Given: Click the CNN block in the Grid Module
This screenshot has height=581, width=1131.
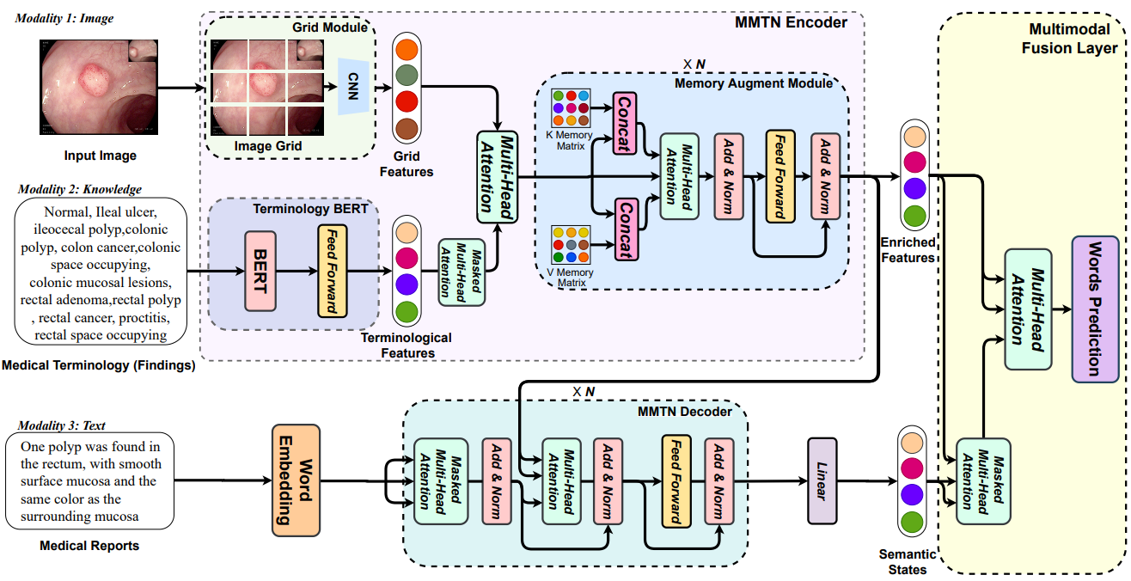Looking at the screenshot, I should tap(352, 86).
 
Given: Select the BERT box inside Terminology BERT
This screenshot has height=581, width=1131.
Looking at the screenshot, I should tap(260, 271).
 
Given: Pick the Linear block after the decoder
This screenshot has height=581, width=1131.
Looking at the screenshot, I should tap(821, 481).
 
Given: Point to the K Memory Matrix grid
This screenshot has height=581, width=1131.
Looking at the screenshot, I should tap(570, 108).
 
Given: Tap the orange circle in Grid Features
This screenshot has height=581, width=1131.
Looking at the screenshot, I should tap(407, 50).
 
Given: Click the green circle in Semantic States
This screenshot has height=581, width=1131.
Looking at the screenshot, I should tap(912, 522).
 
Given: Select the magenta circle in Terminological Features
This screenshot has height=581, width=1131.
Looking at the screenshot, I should tap(407, 258).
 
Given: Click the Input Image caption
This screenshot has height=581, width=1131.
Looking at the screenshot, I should tap(101, 156).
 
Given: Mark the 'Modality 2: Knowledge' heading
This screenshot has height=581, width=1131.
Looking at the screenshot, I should tap(78, 189).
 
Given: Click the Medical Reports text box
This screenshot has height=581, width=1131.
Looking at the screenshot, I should tap(89, 481).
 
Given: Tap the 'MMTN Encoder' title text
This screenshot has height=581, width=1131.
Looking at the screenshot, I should tap(792, 22).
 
